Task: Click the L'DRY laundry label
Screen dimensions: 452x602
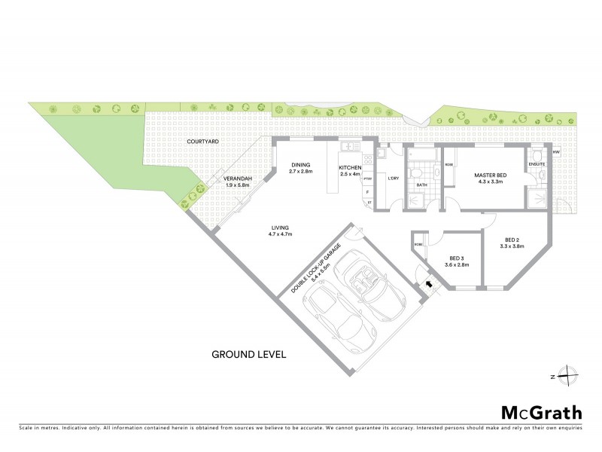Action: (x=392, y=179)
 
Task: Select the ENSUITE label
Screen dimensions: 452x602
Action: (x=537, y=163)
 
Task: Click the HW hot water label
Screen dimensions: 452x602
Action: (x=556, y=153)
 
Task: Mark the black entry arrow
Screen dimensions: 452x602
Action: (x=430, y=285)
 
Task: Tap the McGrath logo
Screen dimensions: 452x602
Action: (x=541, y=412)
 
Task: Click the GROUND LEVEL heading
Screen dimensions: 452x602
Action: (x=249, y=353)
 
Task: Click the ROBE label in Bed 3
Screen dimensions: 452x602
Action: (x=418, y=245)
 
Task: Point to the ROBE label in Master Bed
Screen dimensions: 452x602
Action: (x=448, y=164)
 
